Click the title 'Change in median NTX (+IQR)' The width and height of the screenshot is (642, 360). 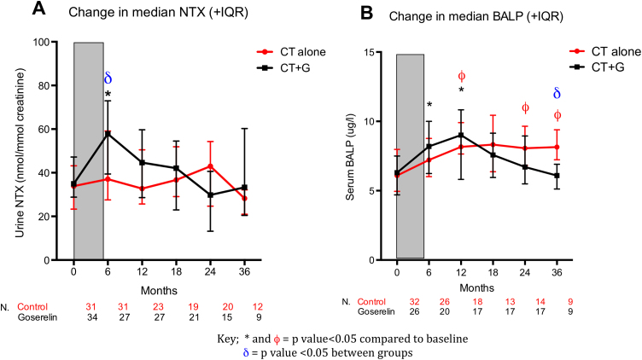137,13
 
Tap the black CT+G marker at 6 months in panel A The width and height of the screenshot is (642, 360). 108,134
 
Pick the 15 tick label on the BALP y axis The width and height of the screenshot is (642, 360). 377,52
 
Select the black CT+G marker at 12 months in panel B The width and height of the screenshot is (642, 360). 461,135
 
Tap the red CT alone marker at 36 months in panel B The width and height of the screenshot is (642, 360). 557,147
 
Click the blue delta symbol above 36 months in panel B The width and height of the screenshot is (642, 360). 557,94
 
